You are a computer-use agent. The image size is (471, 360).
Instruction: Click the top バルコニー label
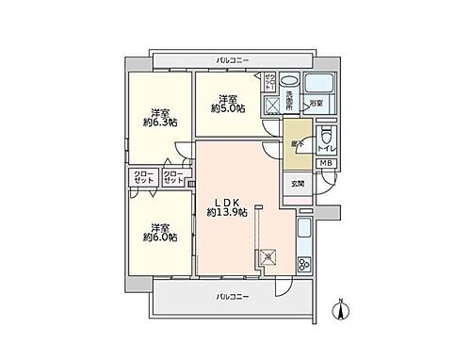click(232, 60)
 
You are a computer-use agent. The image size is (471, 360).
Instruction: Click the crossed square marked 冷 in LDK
click(269, 254)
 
